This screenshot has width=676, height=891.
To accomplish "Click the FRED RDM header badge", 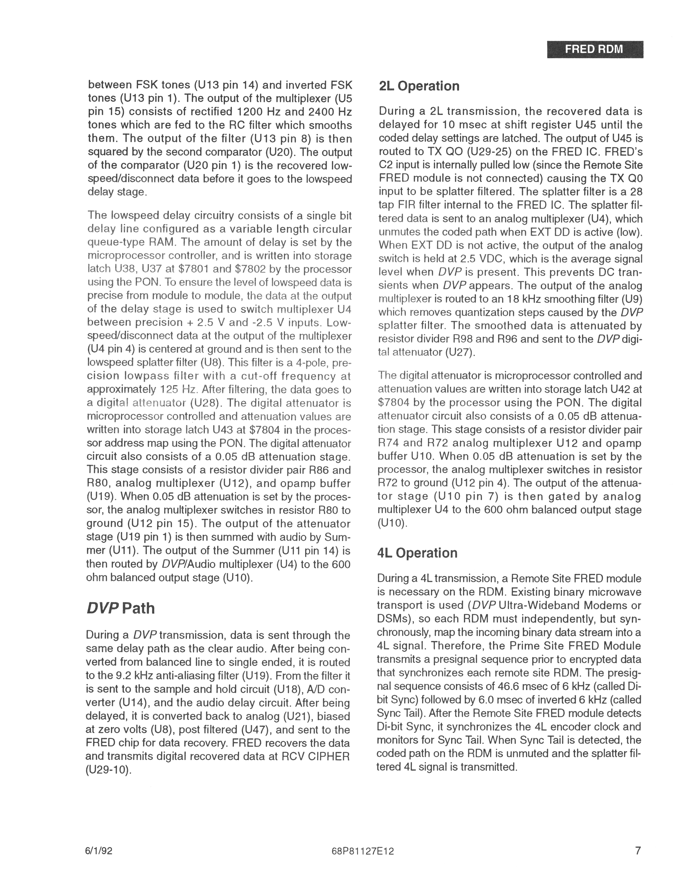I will pyautogui.click(x=595, y=50).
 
